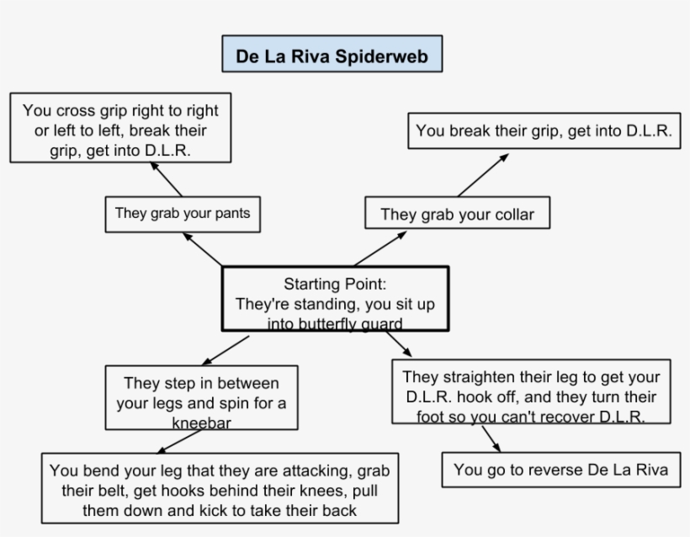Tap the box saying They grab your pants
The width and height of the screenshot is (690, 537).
coord(182,214)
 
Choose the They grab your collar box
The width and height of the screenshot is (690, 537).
coord(457,215)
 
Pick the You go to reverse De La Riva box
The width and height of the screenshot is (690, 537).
coord(560,470)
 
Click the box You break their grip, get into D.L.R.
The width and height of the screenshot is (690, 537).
coord(544,131)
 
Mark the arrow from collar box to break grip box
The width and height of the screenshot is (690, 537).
coord(483,175)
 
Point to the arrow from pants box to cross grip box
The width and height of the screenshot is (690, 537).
coord(167,179)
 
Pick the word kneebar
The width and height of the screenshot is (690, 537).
coord(201,422)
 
